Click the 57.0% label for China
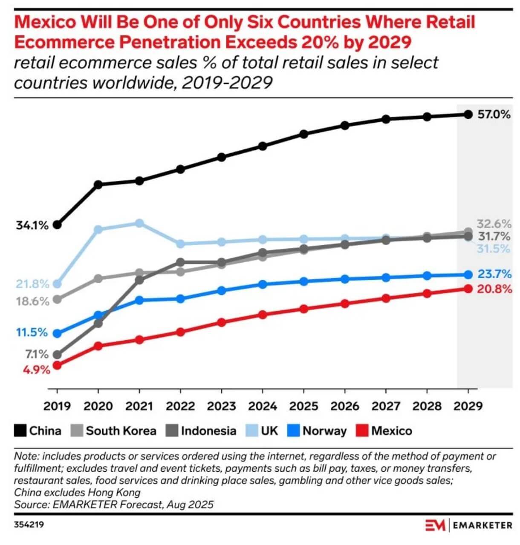(494, 115)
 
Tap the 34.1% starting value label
(32, 225)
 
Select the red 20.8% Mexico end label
(494, 290)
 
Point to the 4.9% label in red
(37, 370)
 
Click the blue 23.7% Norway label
(494, 274)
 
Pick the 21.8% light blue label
(33, 284)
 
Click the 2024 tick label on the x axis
(263, 406)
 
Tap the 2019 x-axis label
(57, 406)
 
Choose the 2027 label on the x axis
(386, 406)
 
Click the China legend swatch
(20, 431)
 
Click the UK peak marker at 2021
(139, 223)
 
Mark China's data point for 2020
(98, 184)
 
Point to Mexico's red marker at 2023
(221, 322)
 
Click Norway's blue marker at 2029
(468, 275)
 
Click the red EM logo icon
(435, 525)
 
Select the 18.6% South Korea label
(33, 301)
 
